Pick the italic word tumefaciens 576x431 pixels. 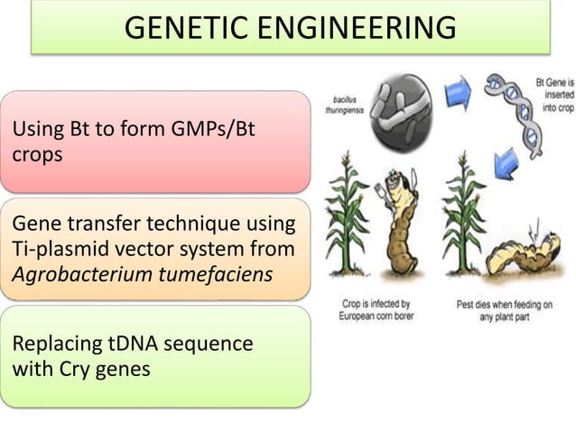tap(218, 273)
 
